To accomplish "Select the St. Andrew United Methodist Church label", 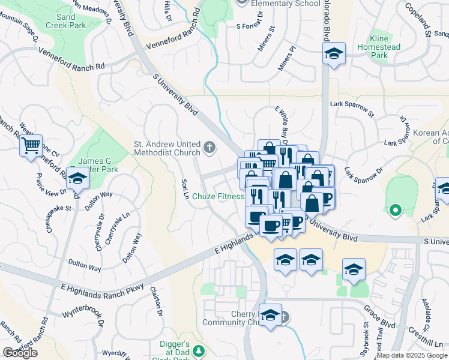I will click(166, 148).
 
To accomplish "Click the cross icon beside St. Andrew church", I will click(209, 147).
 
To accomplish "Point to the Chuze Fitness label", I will click(222, 196).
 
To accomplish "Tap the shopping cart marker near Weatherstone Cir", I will click(31, 146).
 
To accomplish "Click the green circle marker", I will click(395, 210).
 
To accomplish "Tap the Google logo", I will click(20, 353).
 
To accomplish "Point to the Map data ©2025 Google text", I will click(412, 355).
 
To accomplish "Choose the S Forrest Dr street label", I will click(255, 26).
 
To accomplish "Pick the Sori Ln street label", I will click(185, 189).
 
